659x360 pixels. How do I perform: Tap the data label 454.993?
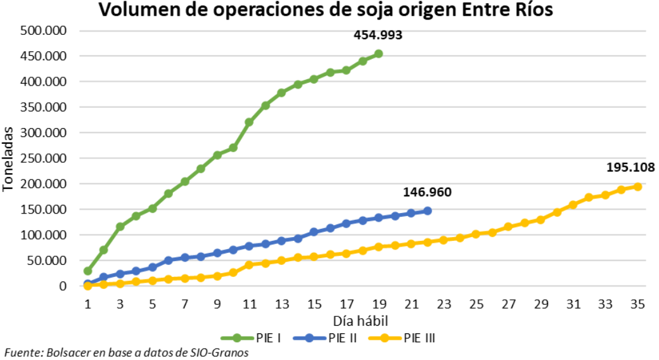(x=378, y=35)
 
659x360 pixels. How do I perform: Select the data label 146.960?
(x=427, y=193)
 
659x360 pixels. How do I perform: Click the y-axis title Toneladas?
(x=8, y=158)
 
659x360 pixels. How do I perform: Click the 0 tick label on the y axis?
(x=63, y=286)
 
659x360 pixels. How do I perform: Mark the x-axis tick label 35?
(x=638, y=304)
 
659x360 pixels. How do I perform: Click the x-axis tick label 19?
(x=378, y=304)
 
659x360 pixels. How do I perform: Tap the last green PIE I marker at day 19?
(x=378, y=54)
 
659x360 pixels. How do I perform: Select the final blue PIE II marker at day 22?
(x=427, y=210)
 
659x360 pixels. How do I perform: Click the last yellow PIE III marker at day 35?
(x=638, y=186)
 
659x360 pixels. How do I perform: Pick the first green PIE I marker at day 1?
(x=87, y=271)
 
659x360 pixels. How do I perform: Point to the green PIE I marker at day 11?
(x=249, y=122)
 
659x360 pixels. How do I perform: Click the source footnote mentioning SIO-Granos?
(x=126, y=352)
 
